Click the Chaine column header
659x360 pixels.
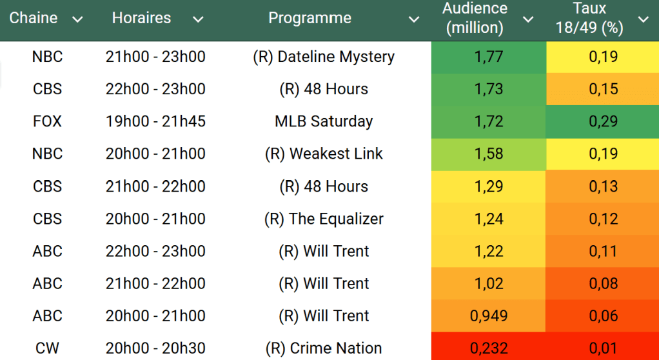click(x=34, y=18)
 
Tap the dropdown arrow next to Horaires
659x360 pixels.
click(x=198, y=19)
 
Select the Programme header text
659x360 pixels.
click(x=310, y=18)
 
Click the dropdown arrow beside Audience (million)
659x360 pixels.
click(x=528, y=19)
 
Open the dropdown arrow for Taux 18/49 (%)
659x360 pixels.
click(x=643, y=19)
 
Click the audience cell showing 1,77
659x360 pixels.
click(x=489, y=57)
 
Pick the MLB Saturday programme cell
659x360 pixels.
click(x=324, y=121)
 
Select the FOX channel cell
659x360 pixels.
click(x=48, y=121)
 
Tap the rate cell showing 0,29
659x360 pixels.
click(x=603, y=121)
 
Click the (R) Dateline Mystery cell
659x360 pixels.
click(x=324, y=57)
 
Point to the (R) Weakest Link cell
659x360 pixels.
click(x=324, y=154)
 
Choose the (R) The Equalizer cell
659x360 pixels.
click(x=324, y=219)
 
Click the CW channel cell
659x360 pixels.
click(x=48, y=348)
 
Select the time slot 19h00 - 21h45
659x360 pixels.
click(x=155, y=121)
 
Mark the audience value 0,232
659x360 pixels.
click(x=489, y=348)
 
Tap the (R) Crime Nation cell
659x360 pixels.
click(x=324, y=348)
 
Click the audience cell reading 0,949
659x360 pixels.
click(x=489, y=315)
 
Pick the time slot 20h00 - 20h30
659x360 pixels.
click(x=155, y=348)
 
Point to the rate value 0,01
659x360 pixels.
click(x=603, y=348)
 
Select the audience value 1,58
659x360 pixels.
click(x=489, y=154)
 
